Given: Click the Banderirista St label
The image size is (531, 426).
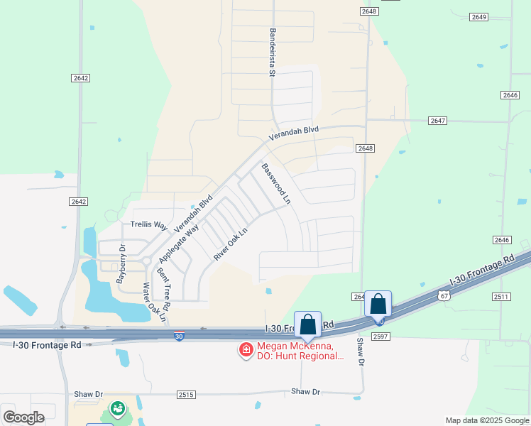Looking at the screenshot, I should click(272, 52).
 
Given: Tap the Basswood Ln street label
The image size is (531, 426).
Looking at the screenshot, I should click(276, 185).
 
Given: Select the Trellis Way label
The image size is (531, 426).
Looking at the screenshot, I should click(148, 224).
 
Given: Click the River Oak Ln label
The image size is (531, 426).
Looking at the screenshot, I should click(231, 243).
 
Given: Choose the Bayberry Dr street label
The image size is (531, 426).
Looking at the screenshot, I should click(121, 264).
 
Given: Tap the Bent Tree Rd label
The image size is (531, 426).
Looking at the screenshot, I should click(164, 289).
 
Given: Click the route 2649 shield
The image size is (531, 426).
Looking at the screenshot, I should click(479, 16).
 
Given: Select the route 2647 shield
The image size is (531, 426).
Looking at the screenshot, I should click(438, 121).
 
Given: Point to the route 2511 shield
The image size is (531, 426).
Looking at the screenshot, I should click(500, 296).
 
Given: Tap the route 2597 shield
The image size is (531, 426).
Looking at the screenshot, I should click(381, 336).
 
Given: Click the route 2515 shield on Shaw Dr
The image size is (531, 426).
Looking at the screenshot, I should click(186, 394).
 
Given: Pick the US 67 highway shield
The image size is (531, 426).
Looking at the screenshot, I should click(444, 295).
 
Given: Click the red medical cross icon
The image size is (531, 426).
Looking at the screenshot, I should click(246, 349).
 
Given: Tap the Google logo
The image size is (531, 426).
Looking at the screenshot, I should click(23, 417).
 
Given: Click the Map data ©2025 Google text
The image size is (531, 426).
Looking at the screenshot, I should click(486, 420).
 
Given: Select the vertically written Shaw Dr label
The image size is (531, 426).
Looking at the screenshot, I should click(360, 352).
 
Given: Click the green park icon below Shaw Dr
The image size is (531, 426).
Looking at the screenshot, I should click(116, 410).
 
